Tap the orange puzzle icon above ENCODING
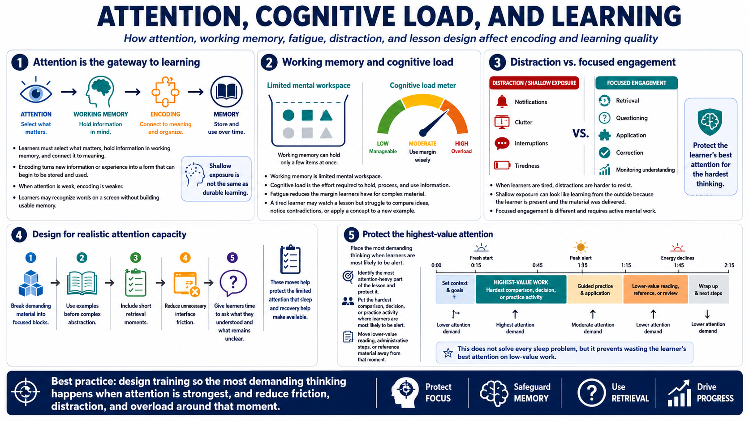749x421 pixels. (x=165, y=91)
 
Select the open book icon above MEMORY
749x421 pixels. (x=226, y=91)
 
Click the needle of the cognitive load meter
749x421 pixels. (x=434, y=123)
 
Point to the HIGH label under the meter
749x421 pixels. (x=461, y=144)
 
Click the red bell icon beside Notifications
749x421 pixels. (x=502, y=102)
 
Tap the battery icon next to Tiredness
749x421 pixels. (x=502, y=165)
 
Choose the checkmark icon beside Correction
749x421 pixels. (x=604, y=153)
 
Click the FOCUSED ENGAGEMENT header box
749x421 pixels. (x=636, y=83)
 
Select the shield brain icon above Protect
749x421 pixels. (x=710, y=122)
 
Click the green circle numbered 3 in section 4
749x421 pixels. (x=135, y=258)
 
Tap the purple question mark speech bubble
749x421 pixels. (x=233, y=283)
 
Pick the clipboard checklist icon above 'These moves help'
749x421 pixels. (x=290, y=259)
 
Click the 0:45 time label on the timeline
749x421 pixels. (x=538, y=265)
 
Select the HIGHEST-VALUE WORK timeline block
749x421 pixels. (x=521, y=289)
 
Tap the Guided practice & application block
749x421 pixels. (x=595, y=289)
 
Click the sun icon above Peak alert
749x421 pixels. (x=581, y=247)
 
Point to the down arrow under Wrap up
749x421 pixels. (x=707, y=314)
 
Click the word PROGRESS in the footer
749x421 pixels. (x=715, y=398)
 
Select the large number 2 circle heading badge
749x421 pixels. (x=269, y=63)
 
